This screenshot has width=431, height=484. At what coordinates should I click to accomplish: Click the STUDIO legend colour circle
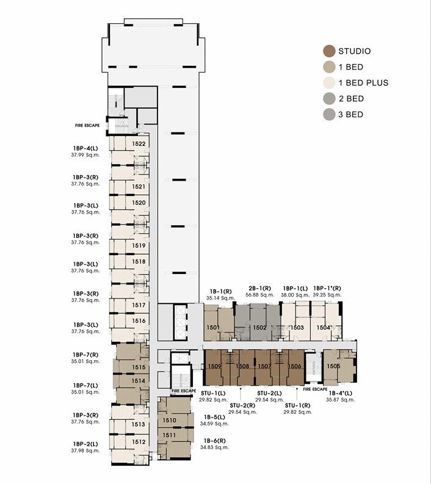(330, 51)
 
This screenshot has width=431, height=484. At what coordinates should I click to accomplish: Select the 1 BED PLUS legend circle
(330, 83)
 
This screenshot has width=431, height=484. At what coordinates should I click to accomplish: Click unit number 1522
(139, 144)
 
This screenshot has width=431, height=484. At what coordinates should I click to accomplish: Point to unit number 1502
(259, 328)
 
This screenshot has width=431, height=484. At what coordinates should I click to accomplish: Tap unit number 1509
(214, 366)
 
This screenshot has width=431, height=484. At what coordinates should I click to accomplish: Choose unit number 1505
(333, 366)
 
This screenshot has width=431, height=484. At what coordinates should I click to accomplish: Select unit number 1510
(169, 420)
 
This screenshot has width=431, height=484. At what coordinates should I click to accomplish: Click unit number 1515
(139, 367)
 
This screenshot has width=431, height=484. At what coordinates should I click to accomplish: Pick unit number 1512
(139, 442)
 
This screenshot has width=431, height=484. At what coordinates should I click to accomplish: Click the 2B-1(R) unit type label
(259, 288)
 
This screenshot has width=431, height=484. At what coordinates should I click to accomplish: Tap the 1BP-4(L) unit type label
(85, 148)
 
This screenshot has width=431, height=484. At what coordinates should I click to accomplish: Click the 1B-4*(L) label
(340, 393)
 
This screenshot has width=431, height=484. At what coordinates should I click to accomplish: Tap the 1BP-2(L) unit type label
(85, 444)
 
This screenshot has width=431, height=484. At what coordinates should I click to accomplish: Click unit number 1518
(139, 262)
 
